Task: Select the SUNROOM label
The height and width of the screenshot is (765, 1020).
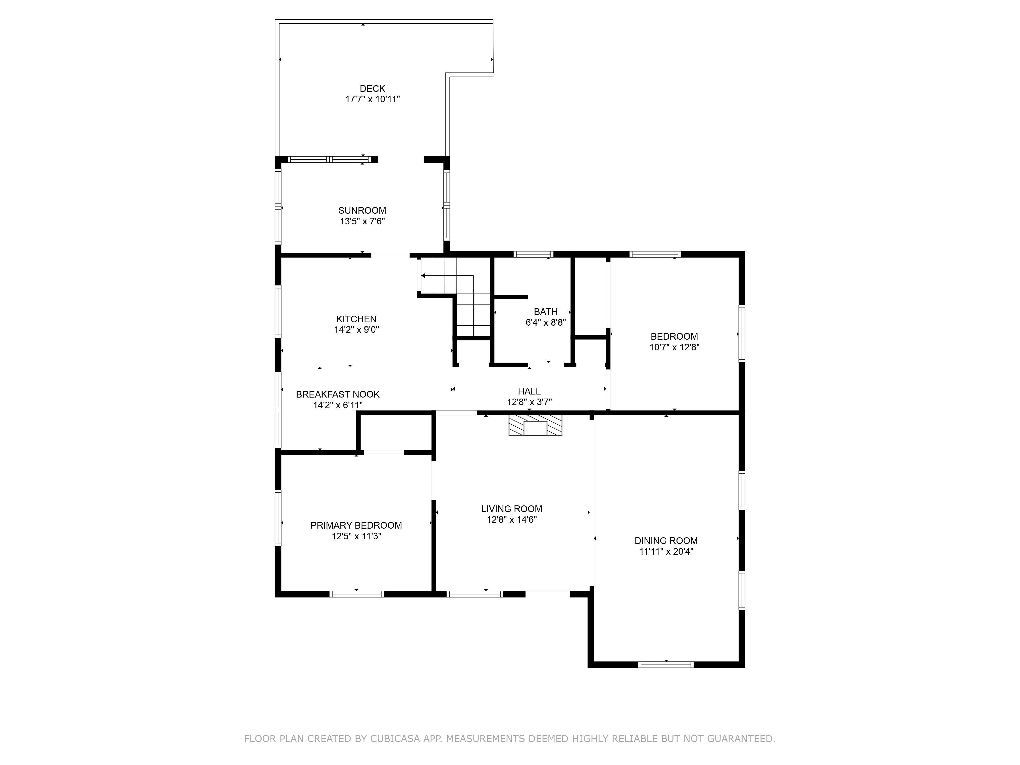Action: tap(362, 211)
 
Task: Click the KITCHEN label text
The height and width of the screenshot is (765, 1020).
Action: tap(356, 319)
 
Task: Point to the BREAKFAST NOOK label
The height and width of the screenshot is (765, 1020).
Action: tap(338, 394)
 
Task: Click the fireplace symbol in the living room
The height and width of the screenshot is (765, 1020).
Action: tap(535, 425)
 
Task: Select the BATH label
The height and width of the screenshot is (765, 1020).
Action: tap(545, 312)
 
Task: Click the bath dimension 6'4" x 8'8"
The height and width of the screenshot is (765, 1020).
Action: tap(545, 322)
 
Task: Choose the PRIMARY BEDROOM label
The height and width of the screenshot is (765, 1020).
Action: tap(356, 525)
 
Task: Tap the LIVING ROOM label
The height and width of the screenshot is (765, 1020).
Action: tap(511, 509)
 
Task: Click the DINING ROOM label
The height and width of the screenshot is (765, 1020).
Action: tap(666, 540)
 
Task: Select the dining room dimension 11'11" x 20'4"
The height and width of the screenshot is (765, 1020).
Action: tap(666, 552)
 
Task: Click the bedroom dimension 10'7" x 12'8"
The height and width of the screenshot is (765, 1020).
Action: tap(674, 347)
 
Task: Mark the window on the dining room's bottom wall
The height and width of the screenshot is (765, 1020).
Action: tap(665, 665)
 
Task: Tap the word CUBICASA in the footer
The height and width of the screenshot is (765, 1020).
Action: tap(395, 739)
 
